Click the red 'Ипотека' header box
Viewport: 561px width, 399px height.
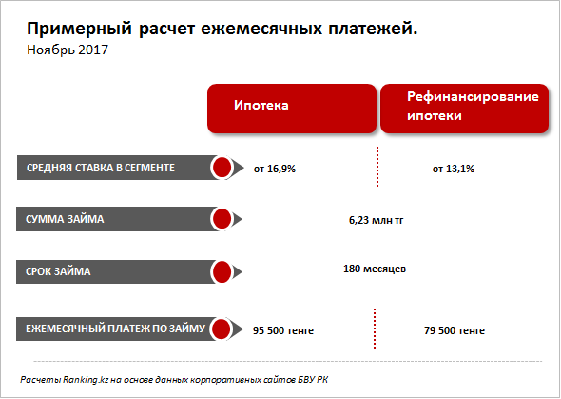[292, 109]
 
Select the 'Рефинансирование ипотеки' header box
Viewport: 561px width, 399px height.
[464, 109]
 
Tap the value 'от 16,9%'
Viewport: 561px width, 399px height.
[275, 169]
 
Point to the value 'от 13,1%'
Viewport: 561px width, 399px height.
[454, 169]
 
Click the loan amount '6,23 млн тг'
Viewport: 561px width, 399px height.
[376, 220]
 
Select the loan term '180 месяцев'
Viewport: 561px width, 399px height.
[375, 269]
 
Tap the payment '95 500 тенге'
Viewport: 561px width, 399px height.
[283, 330]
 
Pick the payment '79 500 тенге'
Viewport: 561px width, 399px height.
[455, 330]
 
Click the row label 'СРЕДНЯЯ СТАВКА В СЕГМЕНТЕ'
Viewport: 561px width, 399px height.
[101, 168]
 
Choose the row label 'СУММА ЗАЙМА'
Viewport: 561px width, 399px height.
[65, 219]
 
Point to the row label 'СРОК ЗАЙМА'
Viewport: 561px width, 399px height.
[58, 271]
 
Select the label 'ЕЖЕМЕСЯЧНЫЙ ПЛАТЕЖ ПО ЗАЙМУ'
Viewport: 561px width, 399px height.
[115, 329]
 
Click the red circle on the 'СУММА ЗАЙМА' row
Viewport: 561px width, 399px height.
[222, 219]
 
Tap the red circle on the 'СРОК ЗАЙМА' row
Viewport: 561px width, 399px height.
[222, 271]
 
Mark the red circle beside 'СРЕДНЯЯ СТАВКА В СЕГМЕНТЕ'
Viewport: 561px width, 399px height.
[222, 168]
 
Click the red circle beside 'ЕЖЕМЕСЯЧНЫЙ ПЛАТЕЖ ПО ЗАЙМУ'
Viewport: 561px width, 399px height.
[222, 329]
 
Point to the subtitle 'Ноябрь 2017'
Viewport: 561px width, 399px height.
[68, 50]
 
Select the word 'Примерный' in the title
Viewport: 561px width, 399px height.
[80, 29]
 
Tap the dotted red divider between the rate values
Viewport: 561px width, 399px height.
[377, 167]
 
